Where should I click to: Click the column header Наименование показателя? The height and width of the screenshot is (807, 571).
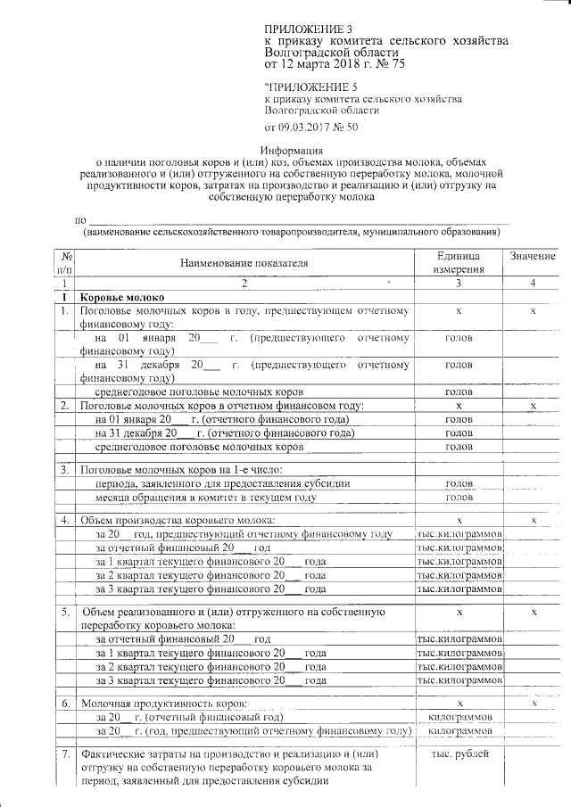(244, 263)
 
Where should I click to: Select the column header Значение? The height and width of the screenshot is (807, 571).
(533, 257)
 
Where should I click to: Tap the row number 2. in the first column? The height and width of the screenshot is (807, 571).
(65, 406)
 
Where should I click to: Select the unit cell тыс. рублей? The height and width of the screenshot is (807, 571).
(459, 754)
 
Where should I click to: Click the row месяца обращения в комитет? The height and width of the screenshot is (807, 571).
(206, 497)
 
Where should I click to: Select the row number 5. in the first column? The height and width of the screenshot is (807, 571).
(65, 612)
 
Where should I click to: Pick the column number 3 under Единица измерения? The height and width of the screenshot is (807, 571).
(459, 284)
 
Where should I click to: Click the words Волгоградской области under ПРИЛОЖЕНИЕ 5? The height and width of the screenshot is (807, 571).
(321, 111)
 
